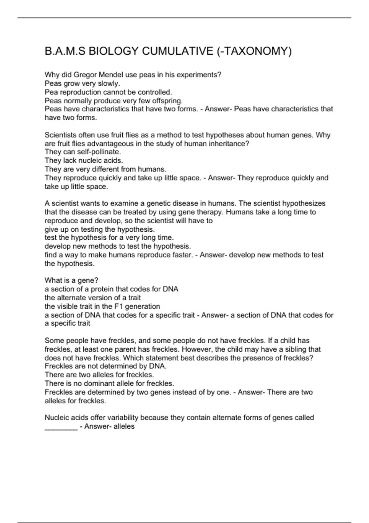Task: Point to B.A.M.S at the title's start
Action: [x=65, y=51]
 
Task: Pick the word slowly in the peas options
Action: [x=109, y=83]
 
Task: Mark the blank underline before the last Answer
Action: [x=61, y=429]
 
